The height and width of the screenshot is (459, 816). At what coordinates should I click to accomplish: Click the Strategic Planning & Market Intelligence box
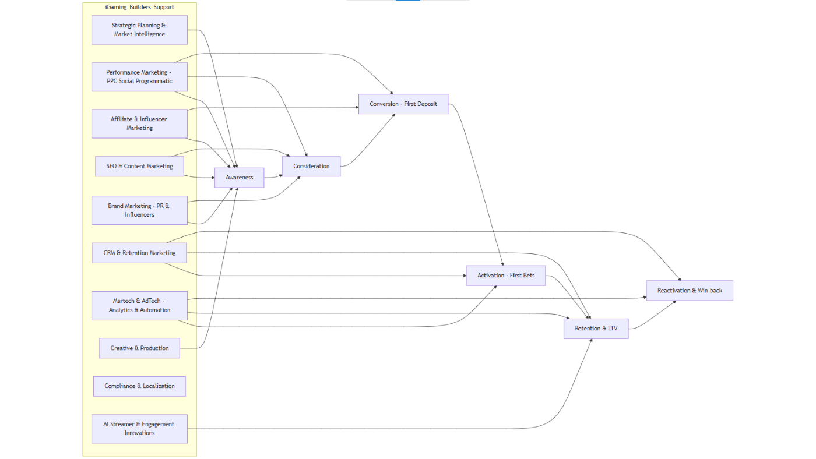tap(139, 30)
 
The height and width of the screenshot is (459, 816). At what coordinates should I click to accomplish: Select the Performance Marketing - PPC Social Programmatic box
tap(139, 77)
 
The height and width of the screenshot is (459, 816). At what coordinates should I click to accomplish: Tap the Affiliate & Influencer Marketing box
tap(139, 123)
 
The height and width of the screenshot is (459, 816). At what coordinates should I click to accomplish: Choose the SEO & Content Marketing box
tap(139, 166)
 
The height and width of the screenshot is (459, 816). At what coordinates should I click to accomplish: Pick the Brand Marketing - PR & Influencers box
tap(139, 210)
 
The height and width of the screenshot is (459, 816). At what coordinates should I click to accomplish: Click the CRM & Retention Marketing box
tap(139, 253)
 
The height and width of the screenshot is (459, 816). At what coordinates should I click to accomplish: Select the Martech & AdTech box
tap(139, 305)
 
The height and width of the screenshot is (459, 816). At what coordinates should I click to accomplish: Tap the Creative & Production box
tap(139, 348)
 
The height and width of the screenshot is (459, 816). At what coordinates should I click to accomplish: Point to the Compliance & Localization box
tap(139, 386)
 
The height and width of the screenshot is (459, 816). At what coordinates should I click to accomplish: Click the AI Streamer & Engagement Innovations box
tap(139, 429)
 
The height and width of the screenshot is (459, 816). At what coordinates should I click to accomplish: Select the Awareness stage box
tap(239, 177)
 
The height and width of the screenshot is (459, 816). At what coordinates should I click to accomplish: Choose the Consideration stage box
tap(311, 166)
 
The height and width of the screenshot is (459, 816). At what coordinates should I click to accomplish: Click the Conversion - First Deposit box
tap(403, 104)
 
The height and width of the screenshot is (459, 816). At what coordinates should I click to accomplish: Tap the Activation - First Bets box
tap(506, 275)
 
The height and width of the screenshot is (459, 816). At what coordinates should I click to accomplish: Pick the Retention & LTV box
tap(596, 328)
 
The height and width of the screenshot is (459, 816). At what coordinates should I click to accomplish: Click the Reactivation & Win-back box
tap(690, 290)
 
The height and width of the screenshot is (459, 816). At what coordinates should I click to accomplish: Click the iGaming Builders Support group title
tap(139, 7)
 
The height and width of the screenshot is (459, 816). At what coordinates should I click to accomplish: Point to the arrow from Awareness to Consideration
tap(273, 176)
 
